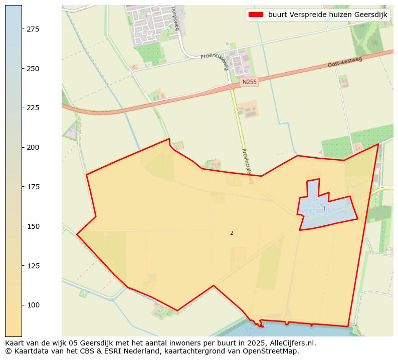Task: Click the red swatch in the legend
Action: click(x=255, y=15)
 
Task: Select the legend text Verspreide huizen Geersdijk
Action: click(x=327, y=15)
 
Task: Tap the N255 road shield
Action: click(x=249, y=82)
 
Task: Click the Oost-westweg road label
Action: click(x=344, y=62)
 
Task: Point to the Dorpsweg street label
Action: click(x=174, y=18)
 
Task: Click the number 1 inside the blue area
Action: click(x=324, y=208)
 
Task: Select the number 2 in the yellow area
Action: click(x=232, y=233)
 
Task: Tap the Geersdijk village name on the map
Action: click(x=315, y=211)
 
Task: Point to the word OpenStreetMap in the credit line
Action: click(x=274, y=351)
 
